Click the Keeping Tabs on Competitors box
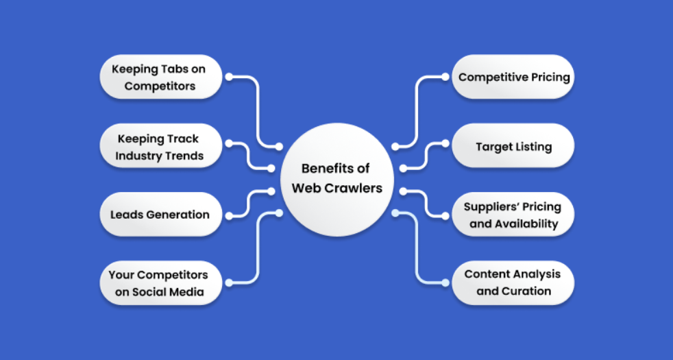point(161,77)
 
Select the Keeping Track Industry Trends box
point(161,145)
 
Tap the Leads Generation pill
point(161,215)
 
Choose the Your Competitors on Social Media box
point(161,283)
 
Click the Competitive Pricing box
point(513,77)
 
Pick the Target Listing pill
point(513,145)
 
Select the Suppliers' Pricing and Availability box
point(513,215)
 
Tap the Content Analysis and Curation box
point(513,283)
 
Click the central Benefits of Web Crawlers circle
point(337,180)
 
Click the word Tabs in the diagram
point(171,69)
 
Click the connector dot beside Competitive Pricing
point(445,77)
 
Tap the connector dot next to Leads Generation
point(229,216)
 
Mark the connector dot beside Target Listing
point(445,143)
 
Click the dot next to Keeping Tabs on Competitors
point(229,77)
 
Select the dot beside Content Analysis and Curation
point(445,283)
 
